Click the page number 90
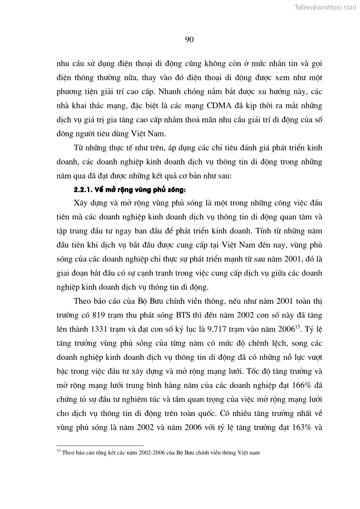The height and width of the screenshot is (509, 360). pyautogui.click(x=190, y=39)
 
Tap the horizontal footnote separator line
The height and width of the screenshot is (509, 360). pyautogui.click(x=100, y=446)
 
